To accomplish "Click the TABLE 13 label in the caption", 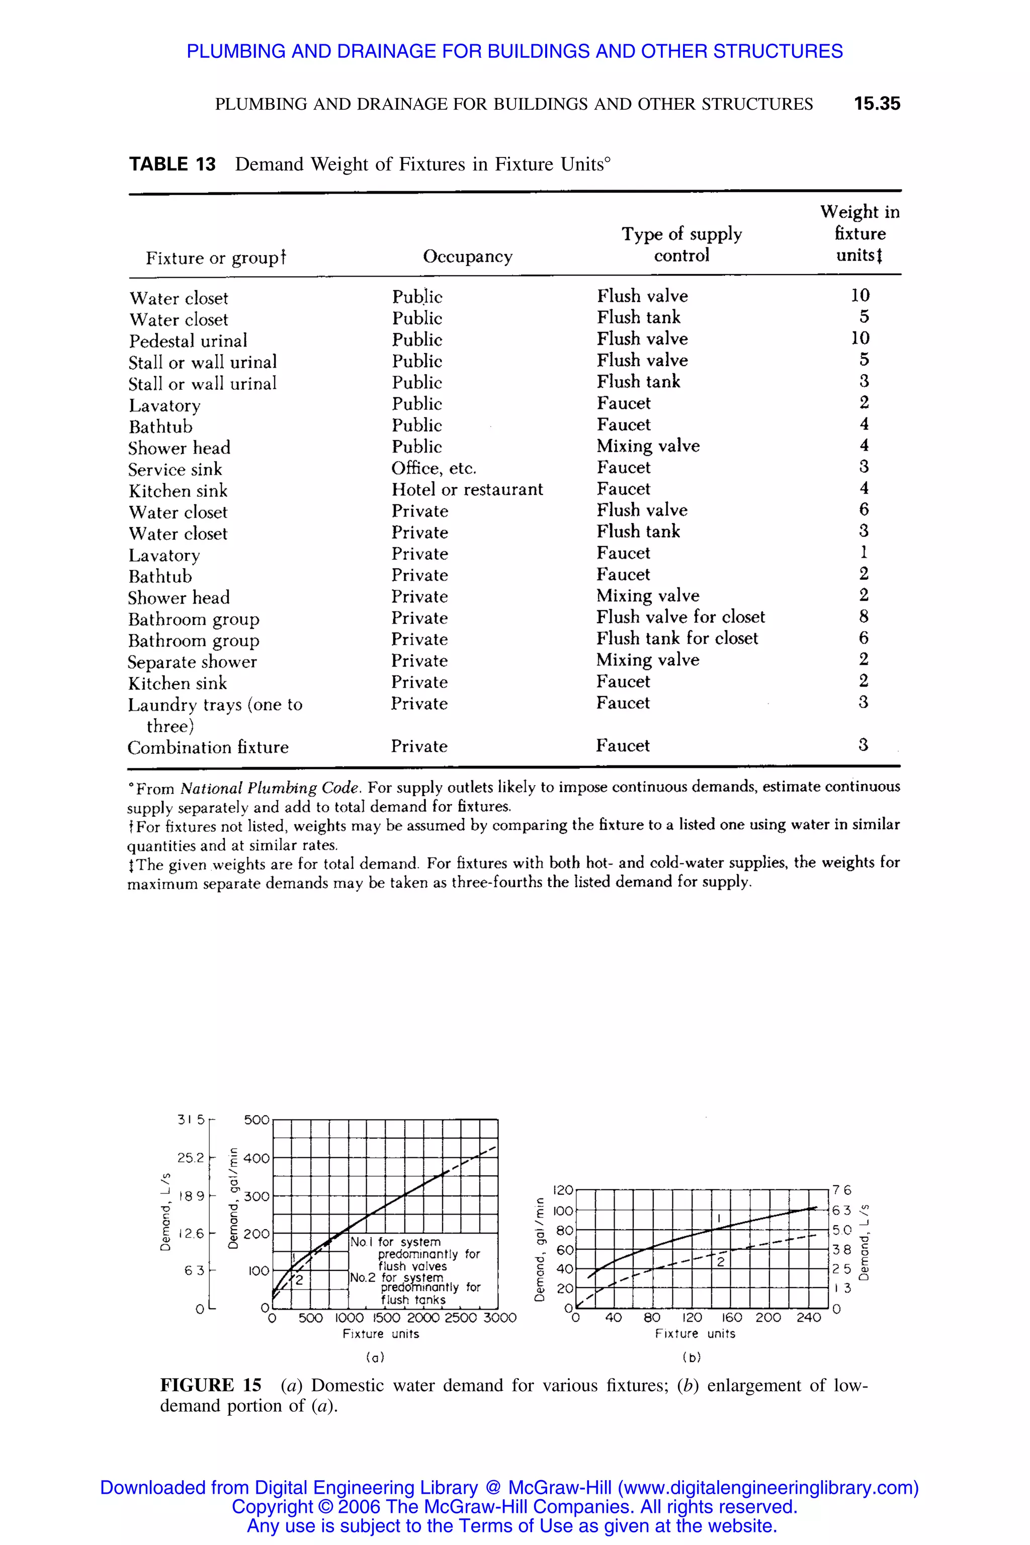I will point(172,164).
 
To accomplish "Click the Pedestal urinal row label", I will point(188,341).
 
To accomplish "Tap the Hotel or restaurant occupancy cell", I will point(467,489).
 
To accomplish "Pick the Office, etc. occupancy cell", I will point(434,468).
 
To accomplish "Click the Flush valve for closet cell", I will point(680,617).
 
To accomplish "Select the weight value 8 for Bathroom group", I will point(863,616).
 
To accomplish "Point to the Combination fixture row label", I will point(208,747).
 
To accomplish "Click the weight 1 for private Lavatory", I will point(863,552).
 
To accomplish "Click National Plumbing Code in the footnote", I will point(270,788).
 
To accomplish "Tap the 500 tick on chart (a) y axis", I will point(256,1120).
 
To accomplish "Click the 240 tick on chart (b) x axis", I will point(808,1318).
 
